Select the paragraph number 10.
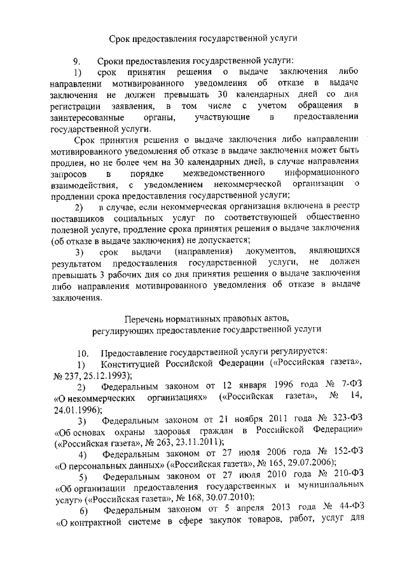[x=82, y=352]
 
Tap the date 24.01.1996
[x=74, y=410]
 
